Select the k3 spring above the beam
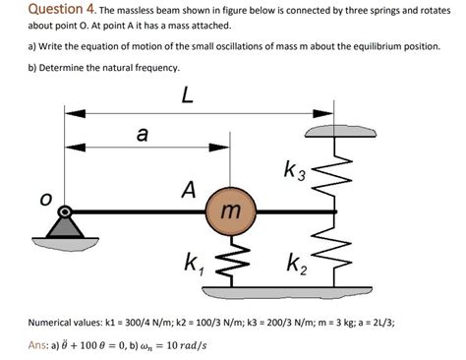tap(337, 173)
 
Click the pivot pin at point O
tap(65, 210)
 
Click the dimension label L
tap(187, 95)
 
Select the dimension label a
tap(142, 135)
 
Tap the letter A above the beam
tap(188, 188)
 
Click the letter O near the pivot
tap(43, 200)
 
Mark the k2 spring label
tap(298, 264)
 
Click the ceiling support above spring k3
tap(337, 132)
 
